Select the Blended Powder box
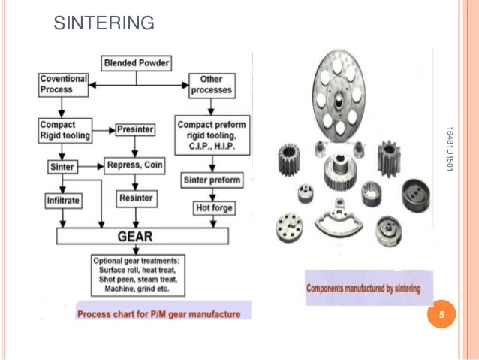coord(137,62)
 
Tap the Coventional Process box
coord(64,84)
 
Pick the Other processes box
coord(211,84)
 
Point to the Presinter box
coord(136,129)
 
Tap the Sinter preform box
coord(211,180)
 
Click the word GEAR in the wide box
coord(136,236)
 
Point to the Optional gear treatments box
coord(136,275)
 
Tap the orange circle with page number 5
coord(441,315)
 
